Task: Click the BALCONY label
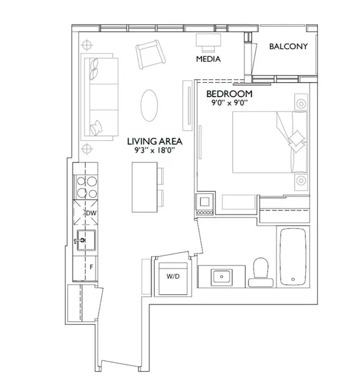coord(289,47)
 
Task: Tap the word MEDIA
coord(209,59)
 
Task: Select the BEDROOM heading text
coord(229,94)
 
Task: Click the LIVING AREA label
coord(155,142)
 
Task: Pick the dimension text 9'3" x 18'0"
coord(155,152)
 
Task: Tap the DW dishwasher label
coord(91,213)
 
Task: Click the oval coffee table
coord(151,105)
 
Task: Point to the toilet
coord(261,269)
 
